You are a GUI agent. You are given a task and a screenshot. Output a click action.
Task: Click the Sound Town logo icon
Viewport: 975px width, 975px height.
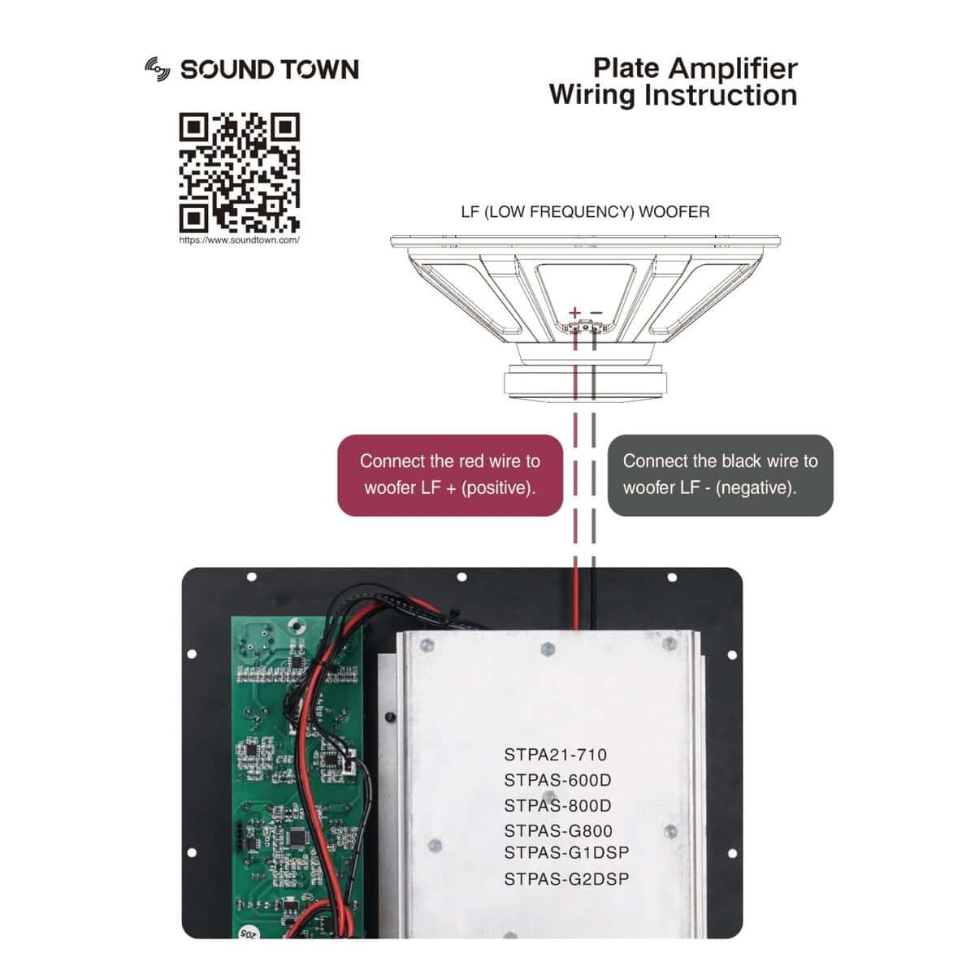(157, 69)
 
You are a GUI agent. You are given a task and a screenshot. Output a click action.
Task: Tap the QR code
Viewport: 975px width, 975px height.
(239, 173)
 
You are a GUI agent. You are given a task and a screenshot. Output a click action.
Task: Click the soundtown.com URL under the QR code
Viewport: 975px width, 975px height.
(239, 240)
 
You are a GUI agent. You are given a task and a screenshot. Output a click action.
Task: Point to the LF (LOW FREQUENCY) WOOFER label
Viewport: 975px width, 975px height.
(585, 212)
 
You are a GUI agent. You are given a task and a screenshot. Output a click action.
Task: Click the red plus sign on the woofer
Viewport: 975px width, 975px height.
(575, 312)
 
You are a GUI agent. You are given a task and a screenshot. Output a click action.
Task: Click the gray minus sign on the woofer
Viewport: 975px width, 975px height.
(596, 312)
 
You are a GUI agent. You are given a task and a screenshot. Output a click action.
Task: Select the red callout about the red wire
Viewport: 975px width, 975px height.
(450, 474)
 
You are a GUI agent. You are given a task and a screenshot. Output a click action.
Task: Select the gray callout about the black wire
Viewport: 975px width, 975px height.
(720, 474)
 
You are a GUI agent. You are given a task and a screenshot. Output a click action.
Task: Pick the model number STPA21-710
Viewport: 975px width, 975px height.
(556, 755)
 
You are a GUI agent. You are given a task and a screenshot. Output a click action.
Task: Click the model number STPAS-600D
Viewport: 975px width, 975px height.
(557, 780)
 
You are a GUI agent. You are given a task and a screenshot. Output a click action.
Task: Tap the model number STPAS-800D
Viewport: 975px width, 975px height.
(557, 806)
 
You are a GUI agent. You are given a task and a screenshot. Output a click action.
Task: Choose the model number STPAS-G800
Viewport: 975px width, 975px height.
(558, 831)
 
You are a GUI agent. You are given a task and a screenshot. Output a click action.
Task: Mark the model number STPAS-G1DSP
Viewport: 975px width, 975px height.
(566, 852)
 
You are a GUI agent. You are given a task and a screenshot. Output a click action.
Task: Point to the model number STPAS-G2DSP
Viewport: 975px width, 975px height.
(566, 879)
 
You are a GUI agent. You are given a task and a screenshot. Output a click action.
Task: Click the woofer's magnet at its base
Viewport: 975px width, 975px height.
(585, 382)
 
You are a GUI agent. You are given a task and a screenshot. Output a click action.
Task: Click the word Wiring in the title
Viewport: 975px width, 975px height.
(591, 95)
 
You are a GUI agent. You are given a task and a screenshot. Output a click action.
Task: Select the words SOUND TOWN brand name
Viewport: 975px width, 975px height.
(269, 70)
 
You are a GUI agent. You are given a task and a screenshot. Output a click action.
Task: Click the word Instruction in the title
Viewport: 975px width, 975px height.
(721, 95)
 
